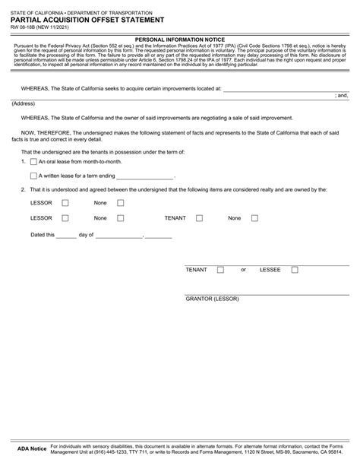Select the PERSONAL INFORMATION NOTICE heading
coord(179,37)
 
